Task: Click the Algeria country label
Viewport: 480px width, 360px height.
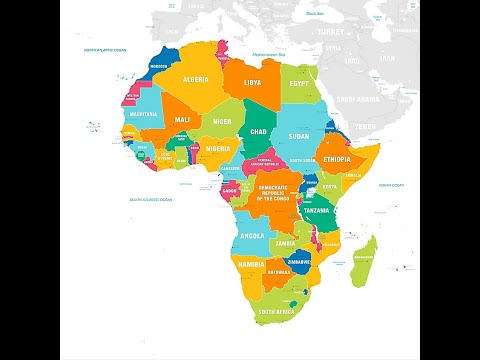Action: click(x=194, y=79)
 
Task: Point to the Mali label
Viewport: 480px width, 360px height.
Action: click(x=183, y=120)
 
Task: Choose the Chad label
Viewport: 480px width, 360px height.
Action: click(x=259, y=131)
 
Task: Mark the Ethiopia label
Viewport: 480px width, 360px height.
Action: click(x=337, y=159)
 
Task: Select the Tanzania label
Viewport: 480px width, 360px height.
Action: click(x=318, y=211)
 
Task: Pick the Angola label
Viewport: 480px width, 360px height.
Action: click(x=253, y=236)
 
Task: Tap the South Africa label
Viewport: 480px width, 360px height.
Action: click(x=277, y=312)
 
